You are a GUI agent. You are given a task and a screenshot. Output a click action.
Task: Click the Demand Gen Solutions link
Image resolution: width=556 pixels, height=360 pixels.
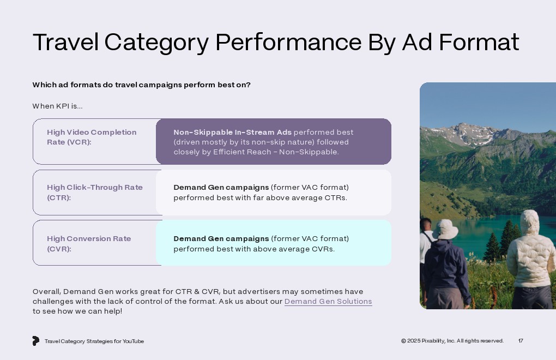click(328, 302)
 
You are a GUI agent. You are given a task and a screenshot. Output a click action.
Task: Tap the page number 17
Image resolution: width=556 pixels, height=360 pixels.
click(521, 341)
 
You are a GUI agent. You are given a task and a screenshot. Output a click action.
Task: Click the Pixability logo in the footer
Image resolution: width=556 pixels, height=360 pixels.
click(35, 341)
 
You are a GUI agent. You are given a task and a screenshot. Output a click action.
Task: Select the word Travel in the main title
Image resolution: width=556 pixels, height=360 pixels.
click(65, 42)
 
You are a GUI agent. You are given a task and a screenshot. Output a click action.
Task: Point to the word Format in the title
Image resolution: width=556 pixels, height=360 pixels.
click(479, 42)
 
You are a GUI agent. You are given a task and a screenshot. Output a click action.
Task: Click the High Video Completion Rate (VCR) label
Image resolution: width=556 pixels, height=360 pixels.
click(92, 137)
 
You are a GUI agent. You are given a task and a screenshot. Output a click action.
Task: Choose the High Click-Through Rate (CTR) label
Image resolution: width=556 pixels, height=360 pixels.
click(95, 192)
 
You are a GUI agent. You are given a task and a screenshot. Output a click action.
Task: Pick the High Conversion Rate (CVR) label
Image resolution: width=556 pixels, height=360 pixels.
click(89, 244)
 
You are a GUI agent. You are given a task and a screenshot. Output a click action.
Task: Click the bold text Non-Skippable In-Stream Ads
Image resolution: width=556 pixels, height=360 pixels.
click(232, 133)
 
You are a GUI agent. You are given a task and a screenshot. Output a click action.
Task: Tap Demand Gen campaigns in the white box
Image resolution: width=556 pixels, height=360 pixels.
click(221, 187)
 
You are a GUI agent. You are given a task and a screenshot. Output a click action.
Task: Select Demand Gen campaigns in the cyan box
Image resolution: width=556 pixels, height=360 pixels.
click(221, 239)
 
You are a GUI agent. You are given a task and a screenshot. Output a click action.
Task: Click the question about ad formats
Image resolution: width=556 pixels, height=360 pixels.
click(142, 85)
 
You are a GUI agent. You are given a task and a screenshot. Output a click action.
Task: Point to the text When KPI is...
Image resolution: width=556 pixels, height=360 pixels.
click(57, 106)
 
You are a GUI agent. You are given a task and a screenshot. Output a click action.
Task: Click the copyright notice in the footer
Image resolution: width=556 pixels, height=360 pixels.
click(452, 341)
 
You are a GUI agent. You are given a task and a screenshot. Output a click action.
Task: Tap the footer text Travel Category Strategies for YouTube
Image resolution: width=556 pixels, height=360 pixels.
click(94, 341)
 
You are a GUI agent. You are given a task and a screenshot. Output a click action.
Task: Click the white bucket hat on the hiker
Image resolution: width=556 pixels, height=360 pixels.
click(445, 229)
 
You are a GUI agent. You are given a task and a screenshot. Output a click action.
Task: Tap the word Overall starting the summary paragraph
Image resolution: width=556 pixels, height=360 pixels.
click(47, 292)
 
